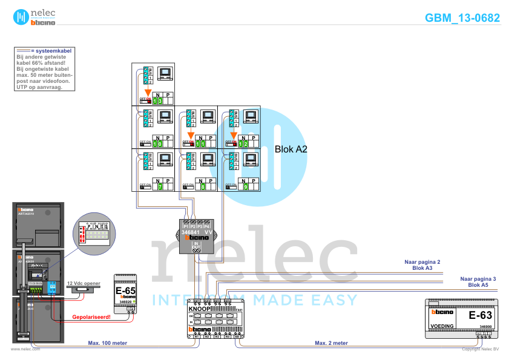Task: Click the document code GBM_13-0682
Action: click(x=462, y=18)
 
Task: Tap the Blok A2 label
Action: click(x=291, y=149)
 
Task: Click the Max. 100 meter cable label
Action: click(x=108, y=343)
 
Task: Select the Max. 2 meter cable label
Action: click(x=330, y=343)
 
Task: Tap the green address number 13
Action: click(x=157, y=101)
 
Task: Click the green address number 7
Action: click(x=159, y=187)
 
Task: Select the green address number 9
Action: click(x=245, y=187)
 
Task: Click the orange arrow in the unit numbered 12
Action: click(x=234, y=134)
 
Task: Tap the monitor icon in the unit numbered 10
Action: click(x=165, y=117)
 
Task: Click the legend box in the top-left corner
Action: click(x=45, y=68)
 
